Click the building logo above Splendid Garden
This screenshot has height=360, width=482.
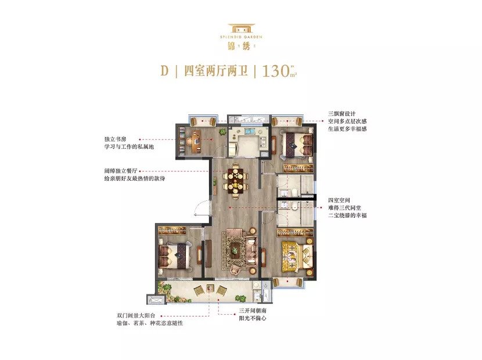[242, 28]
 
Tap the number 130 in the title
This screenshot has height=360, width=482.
[275, 71]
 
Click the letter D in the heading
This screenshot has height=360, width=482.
[164, 71]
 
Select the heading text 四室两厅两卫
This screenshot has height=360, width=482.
[215, 71]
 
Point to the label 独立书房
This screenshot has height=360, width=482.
[116, 139]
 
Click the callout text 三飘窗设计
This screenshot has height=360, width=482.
[342, 113]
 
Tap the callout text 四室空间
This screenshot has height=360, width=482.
[339, 200]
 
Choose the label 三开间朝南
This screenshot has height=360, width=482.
[253, 311]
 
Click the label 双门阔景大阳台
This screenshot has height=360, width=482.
[136, 315]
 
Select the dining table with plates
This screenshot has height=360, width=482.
[235, 181]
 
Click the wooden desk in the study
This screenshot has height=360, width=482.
[196, 142]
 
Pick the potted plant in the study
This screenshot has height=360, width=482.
[222, 132]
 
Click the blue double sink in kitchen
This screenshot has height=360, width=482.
[250, 131]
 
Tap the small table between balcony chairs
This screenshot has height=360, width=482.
[210, 289]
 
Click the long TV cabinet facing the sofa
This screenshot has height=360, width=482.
[208, 253]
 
